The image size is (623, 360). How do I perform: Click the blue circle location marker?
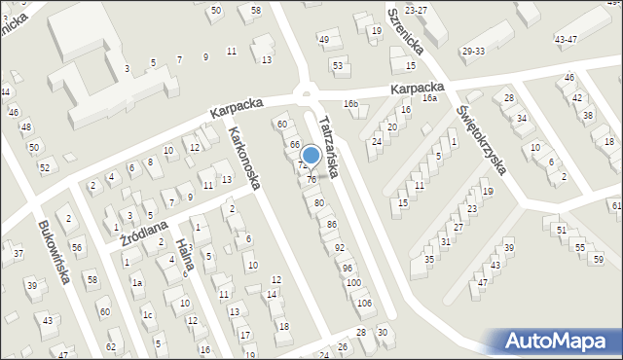[x=311, y=155]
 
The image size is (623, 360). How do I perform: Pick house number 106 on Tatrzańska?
[x=364, y=304]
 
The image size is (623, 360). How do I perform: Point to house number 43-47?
[x=565, y=39]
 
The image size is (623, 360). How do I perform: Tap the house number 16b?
[x=350, y=103]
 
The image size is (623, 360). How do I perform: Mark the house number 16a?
[x=429, y=98]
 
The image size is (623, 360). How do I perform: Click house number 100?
[x=353, y=282]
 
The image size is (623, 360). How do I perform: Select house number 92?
[x=340, y=248]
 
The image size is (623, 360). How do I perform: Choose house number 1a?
[x=137, y=282]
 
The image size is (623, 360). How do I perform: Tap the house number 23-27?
[x=417, y=9]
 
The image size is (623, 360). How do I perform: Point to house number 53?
[x=338, y=66]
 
